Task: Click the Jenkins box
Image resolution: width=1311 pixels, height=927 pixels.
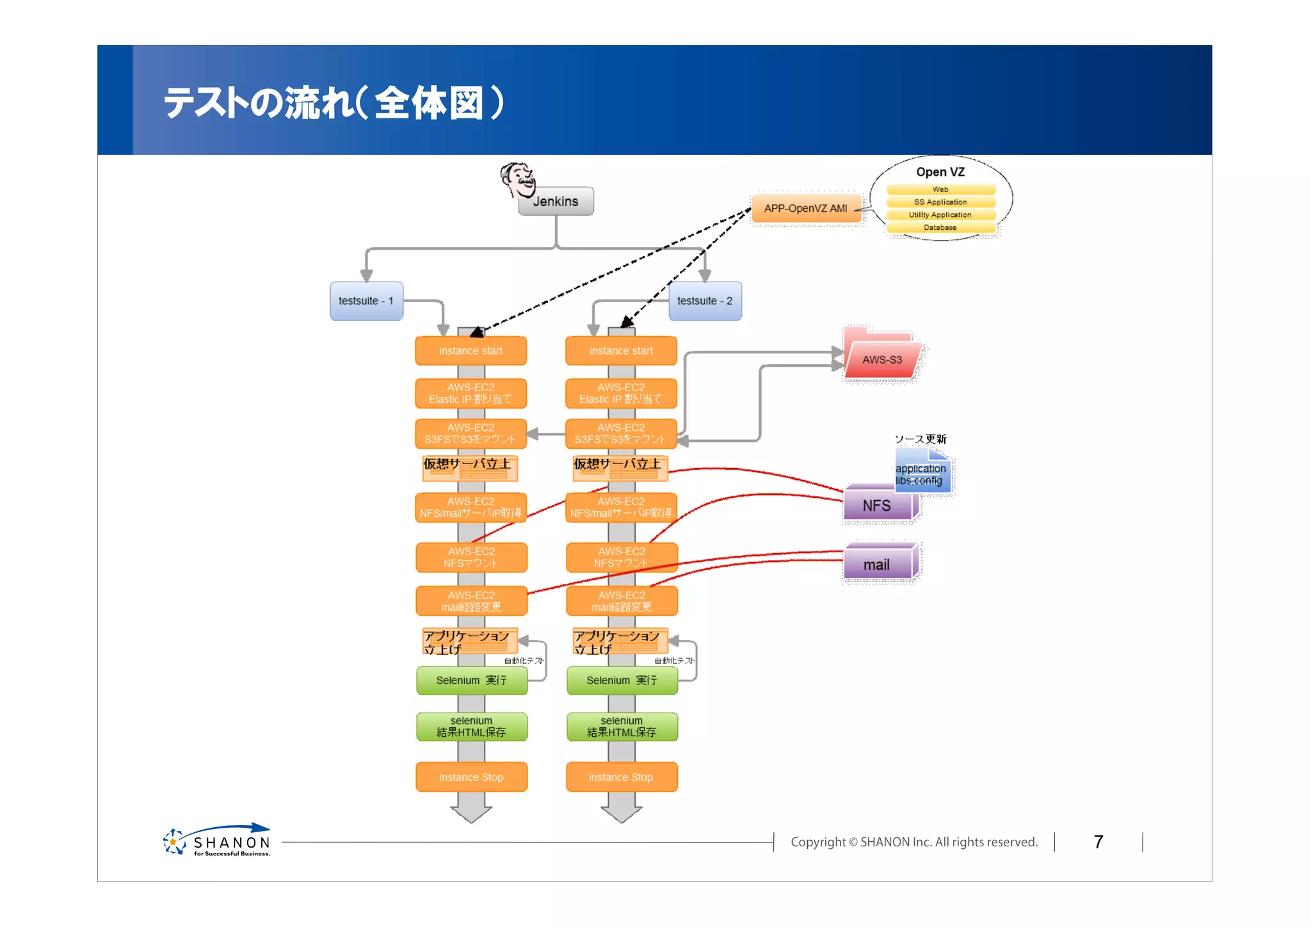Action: click(556, 202)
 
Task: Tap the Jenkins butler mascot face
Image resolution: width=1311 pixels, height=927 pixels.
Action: click(519, 179)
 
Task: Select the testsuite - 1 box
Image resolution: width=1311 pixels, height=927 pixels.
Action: click(366, 301)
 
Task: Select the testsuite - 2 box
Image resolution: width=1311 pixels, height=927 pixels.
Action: click(705, 301)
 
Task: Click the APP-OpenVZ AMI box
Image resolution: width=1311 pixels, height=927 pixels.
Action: click(805, 209)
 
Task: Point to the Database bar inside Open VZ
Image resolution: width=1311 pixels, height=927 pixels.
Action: click(940, 228)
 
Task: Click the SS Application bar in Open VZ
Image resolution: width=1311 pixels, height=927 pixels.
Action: click(940, 202)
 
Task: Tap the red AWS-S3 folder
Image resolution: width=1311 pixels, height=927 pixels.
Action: click(881, 359)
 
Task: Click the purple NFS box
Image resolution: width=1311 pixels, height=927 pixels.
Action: click(877, 506)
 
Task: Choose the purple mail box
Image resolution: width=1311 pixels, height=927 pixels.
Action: click(877, 565)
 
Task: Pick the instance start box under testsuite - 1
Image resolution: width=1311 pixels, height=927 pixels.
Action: click(471, 351)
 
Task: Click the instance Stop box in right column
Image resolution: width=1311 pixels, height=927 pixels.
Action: click(621, 777)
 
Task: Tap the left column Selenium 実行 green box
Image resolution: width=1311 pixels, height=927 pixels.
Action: click(471, 681)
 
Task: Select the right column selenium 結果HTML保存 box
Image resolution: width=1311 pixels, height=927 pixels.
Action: click(621, 727)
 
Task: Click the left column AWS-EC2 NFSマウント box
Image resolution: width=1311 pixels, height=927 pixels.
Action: click(471, 557)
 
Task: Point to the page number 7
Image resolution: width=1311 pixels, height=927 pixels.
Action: click(1098, 842)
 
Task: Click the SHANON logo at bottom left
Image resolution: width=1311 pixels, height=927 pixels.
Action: click(218, 841)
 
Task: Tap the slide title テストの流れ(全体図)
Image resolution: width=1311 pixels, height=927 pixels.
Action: click(333, 102)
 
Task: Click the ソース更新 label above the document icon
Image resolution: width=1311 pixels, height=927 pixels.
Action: click(920, 439)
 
